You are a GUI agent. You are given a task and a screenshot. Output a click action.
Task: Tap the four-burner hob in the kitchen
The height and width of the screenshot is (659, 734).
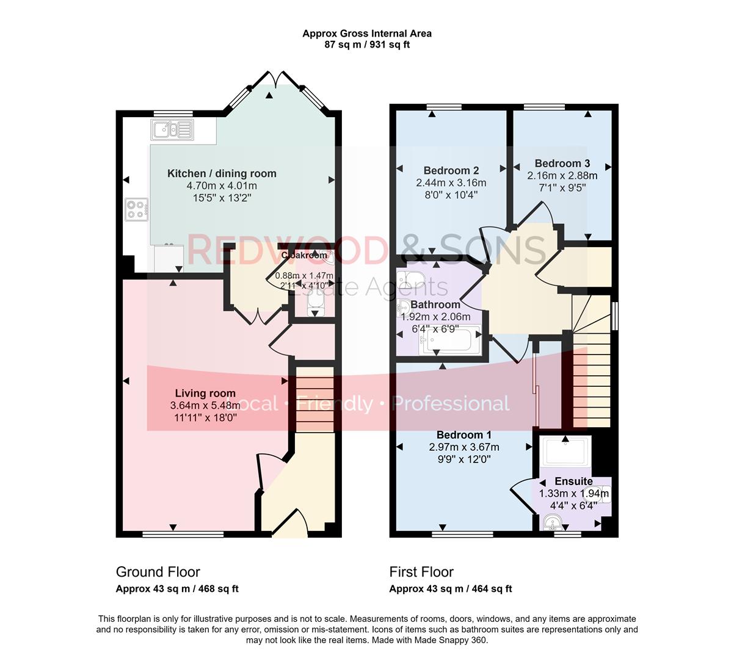[137, 209]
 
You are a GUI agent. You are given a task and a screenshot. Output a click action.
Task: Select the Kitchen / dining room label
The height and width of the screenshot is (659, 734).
[222, 174]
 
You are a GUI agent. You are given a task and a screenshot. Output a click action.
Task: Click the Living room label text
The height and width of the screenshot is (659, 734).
[205, 394]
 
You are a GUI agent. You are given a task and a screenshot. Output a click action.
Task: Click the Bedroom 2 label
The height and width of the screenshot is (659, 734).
[451, 171]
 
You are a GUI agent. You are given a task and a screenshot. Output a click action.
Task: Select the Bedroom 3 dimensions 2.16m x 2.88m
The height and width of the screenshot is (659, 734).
[562, 176]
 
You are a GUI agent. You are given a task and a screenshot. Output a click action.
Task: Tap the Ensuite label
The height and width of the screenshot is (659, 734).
[573, 481]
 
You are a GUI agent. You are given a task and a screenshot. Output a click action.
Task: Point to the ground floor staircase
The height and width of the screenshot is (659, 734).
[314, 398]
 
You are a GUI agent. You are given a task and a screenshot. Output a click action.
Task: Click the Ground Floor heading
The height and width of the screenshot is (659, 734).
[158, 572]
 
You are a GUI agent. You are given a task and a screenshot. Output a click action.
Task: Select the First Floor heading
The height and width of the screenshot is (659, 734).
[421, 572]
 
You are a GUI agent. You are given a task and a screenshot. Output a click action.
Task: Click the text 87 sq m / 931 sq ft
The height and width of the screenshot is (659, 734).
[367, 45]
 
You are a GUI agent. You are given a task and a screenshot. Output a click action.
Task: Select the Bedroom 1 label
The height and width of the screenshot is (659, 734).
[464, 435]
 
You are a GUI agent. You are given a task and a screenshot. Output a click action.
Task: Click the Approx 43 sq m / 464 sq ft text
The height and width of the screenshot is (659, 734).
[451, 589]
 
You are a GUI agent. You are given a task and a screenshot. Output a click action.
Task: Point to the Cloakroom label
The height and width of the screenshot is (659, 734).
[304, 255]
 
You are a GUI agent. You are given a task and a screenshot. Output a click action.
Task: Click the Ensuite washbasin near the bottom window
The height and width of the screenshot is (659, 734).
[553, 522]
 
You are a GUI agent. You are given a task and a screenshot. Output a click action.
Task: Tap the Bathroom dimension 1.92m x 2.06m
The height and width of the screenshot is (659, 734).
[435, 317]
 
